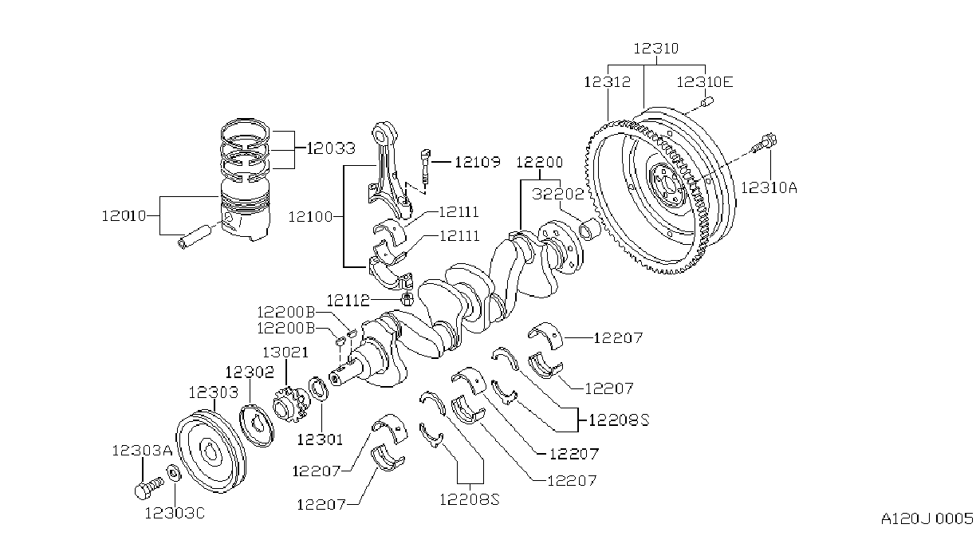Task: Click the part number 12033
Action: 331,148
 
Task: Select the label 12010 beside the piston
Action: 124,215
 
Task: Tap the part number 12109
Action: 478,163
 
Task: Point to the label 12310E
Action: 704,82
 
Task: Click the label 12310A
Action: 769,187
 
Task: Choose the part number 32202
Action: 558,194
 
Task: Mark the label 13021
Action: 285,353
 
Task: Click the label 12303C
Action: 175,513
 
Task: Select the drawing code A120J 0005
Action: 927,518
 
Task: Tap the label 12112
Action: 348,301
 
